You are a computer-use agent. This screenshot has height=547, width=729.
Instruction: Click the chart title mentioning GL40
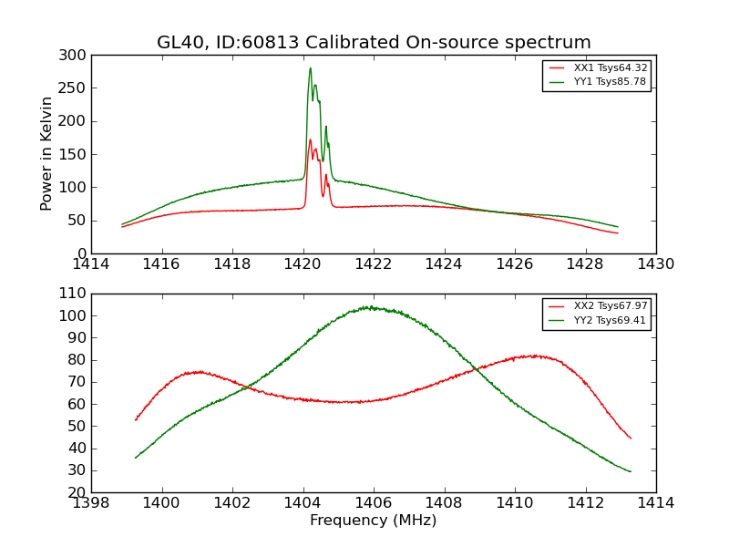click(x=374, y=42)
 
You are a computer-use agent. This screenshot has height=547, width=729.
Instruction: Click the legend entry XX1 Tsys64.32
click(x=610, y=67)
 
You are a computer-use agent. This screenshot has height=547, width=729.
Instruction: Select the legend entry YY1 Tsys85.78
click(x=610, y=81)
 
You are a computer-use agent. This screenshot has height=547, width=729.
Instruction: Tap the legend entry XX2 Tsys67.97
click(x=610, y=305)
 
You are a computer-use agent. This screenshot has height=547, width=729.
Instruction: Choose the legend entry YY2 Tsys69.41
click(x=610, y=320)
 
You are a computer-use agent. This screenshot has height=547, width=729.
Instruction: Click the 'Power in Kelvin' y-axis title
click(x=46, y=154)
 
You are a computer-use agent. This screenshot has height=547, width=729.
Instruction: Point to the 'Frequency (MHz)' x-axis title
click(x=374, y=521)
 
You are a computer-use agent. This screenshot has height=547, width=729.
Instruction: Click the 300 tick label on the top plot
click(x=77, y=56)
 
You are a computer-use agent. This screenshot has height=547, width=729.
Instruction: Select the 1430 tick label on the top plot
click(x=656, y=263)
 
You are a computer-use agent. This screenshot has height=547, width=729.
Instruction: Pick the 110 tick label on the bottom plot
click(x=77, y=294)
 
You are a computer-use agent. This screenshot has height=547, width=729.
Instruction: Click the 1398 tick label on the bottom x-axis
click(x=91, y=502)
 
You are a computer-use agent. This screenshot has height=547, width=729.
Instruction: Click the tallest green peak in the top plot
click(x=310, y=68)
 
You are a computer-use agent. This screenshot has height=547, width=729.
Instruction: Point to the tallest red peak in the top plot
click(x=310, y=139)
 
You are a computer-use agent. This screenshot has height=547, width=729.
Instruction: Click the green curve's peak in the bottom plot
click(x=368, y=307)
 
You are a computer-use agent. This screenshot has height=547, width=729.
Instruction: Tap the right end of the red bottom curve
click(x=631, y=439)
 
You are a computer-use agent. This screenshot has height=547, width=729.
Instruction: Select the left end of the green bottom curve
click(x=136, y=458)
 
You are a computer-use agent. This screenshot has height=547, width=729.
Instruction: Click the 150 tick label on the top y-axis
click(x=77, y=154)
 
